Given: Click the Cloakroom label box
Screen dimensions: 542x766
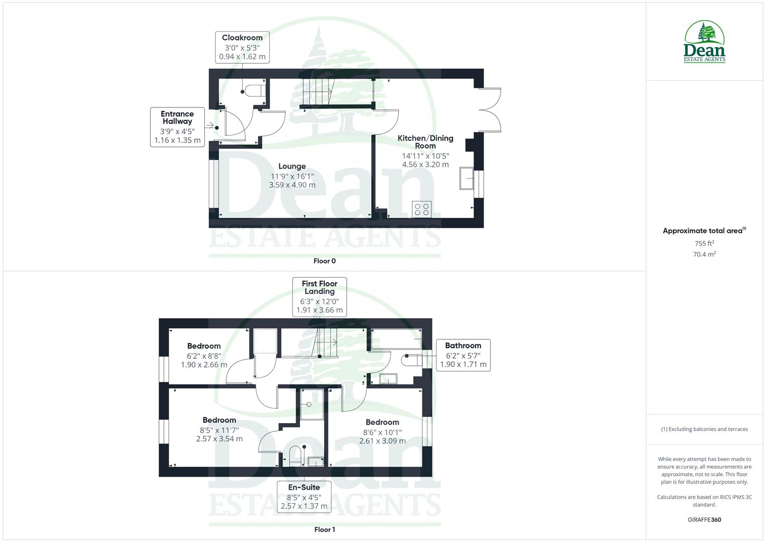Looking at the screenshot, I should coord(242,47).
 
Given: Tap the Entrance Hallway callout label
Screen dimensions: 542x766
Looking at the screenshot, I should coord(177,127).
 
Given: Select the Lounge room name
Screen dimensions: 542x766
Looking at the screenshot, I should coord(292,166).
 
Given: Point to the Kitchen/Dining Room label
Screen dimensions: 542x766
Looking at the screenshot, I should coord(425,142).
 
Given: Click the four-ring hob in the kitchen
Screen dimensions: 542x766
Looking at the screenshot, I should coord(422,209).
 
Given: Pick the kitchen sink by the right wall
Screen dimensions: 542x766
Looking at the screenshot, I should coord(467,179).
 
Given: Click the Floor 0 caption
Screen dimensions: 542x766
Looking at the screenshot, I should coord(325,261).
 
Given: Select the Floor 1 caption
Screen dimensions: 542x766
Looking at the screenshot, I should coord(325,529).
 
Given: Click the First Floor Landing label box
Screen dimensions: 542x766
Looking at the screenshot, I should coord(320,297).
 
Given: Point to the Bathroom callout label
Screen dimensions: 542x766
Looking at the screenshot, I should coord(463,355).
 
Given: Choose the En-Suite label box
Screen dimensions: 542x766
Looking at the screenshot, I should coord(304,496).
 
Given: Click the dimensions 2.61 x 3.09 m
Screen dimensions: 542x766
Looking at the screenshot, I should coord(382,441).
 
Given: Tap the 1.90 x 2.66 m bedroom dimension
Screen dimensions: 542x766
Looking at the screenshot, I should coord(204,365).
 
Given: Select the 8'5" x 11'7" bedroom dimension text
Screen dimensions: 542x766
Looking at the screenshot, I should coord(219,430).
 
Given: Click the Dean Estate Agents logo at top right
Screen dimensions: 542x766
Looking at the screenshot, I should coord(705,42).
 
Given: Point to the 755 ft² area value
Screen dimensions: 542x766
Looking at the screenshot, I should coord(704,243).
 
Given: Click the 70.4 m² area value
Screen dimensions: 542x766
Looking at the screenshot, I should coord(704,254).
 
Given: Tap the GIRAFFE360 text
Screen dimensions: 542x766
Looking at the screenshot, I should coord(704,520).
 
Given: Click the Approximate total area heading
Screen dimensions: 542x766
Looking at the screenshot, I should coord(704,231).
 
